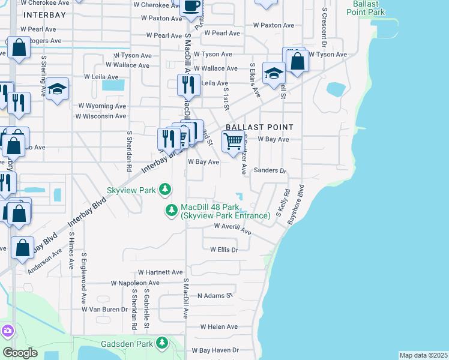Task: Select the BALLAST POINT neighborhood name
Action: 259,127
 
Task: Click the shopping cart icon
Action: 232,142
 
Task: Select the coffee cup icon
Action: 192,7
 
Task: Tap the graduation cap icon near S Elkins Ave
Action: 274,74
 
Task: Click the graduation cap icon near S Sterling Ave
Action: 58,89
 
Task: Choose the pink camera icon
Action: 7,331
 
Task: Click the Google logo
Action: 20,353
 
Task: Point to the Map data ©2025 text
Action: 423,355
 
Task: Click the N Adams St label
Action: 214,296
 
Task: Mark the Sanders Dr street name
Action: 270,170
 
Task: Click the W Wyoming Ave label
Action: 101,105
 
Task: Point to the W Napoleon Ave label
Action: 134,283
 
